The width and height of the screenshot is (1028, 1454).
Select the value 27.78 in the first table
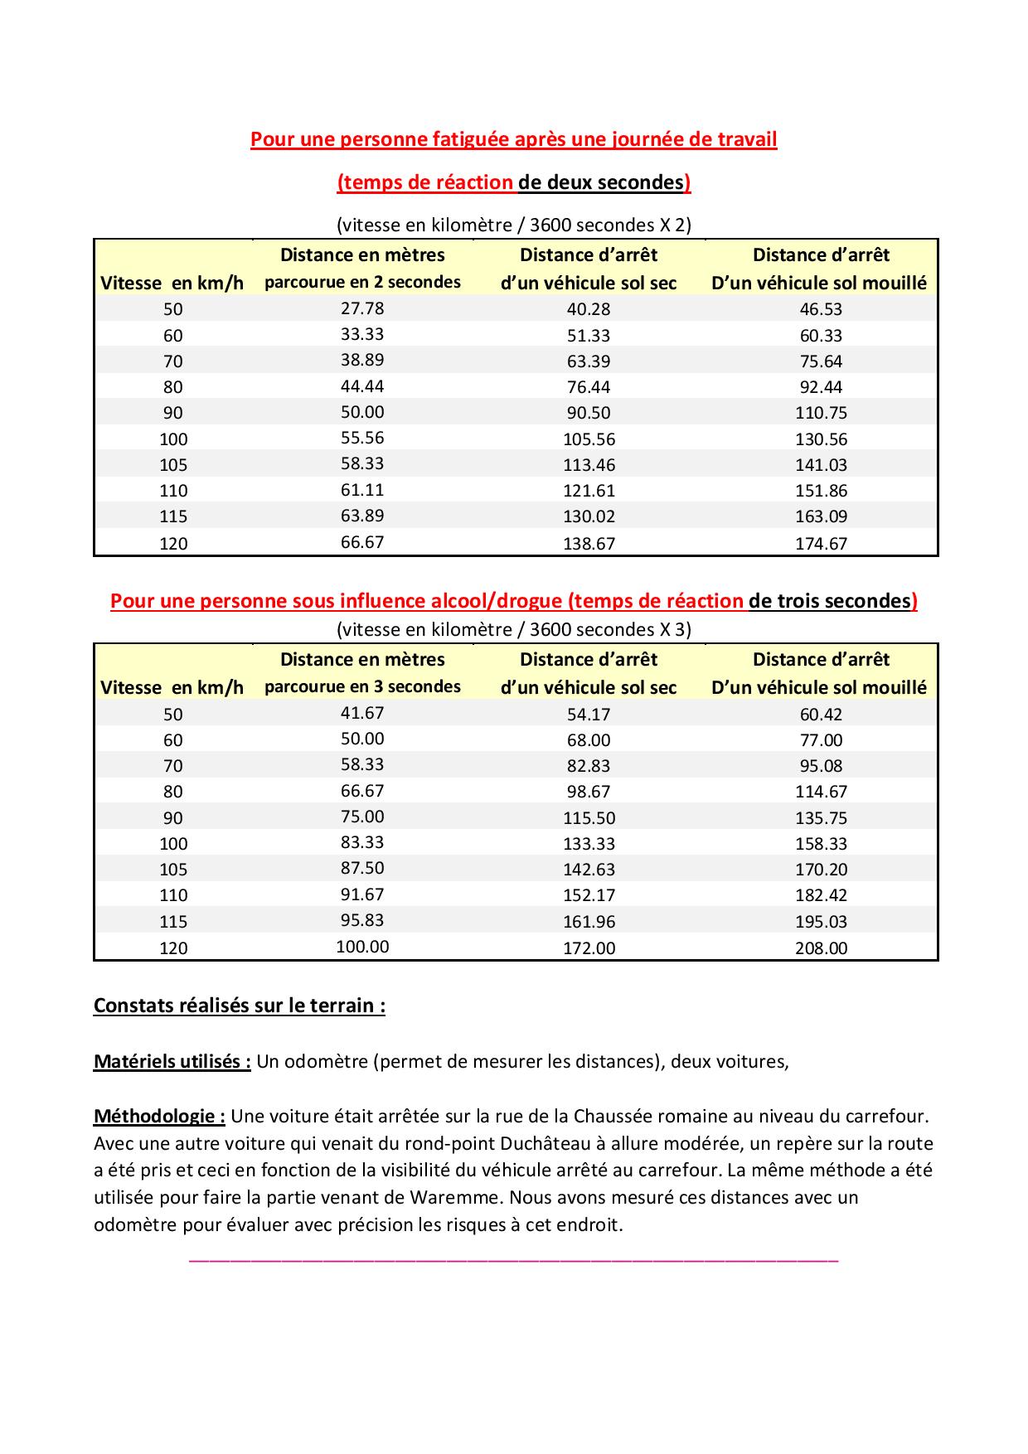pos(362,308)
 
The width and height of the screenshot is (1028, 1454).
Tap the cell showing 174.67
pos(821,544)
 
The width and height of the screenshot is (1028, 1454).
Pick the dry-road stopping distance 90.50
pos(589,413)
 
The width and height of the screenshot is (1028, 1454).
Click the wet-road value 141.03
pos(821,465)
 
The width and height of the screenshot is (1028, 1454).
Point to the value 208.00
pos(821,948)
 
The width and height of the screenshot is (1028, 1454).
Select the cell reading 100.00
pos(362,947)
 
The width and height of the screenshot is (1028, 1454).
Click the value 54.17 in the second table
pos(589,715)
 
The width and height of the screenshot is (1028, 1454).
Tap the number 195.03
pos(821,922)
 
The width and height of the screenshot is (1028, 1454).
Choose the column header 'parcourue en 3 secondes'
pos(362,686)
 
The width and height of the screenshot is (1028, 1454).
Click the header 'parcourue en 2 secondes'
pos(362,282)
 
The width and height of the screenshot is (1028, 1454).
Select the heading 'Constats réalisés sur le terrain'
pos(239,1006)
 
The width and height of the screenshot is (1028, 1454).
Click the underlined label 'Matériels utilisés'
pos(172,1062)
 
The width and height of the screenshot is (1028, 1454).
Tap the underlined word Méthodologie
pos(159,1117)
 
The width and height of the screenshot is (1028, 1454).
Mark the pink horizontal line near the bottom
pos(514,1260)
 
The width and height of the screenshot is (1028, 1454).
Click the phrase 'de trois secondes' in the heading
pos(829,601)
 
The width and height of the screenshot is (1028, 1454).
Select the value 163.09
pos(821,516)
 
